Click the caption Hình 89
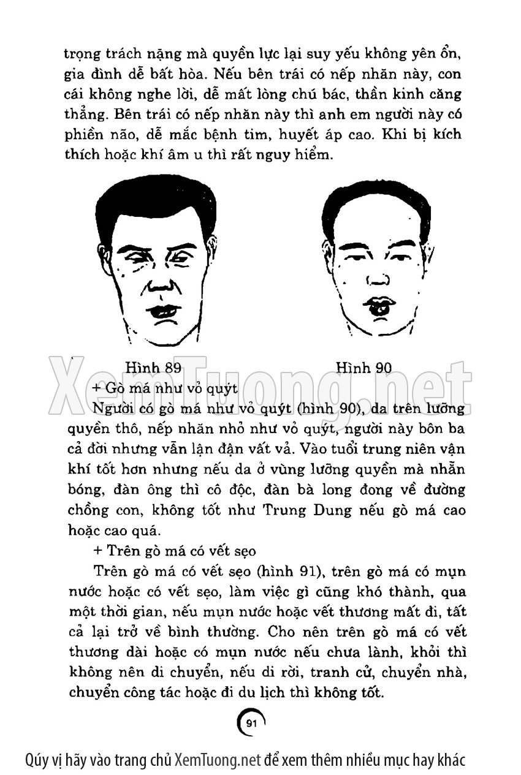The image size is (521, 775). pos(153,368)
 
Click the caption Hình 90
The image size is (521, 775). pos(363,368)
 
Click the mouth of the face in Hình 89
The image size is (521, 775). pos(165,311)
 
